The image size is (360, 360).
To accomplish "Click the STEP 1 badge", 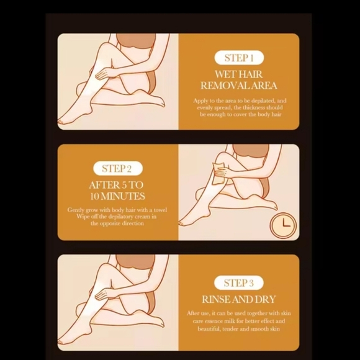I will [239, 58].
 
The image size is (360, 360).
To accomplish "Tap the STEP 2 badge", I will [117, 168].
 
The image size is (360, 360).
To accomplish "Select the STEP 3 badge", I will [239, 283].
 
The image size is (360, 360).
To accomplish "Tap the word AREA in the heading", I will [263, 86].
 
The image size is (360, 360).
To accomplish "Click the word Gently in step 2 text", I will [78, 210].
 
